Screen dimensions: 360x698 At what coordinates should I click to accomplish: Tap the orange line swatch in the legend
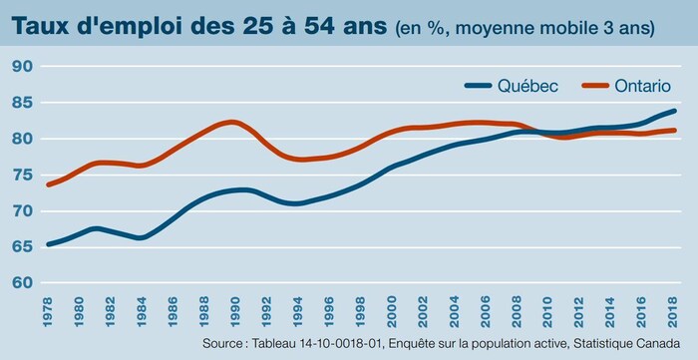click(586, 86)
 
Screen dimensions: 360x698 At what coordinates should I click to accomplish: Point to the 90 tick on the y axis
click(23, 66)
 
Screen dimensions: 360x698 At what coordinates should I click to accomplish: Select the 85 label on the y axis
click(23, 102)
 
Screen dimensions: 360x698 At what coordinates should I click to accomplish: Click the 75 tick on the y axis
click(23, 175)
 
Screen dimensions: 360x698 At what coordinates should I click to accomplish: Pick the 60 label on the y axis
click(23, 283)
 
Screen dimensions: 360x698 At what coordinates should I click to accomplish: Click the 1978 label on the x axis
click(48, 309)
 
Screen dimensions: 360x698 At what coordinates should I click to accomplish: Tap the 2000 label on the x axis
click(392, 309)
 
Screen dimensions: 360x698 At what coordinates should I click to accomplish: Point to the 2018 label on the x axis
click(674, 309)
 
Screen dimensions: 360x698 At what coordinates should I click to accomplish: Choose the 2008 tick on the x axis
click(518, 309)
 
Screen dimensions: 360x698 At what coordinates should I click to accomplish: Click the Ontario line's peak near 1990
click(231, 122)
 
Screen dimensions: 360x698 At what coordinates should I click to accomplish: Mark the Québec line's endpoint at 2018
click(675, 111)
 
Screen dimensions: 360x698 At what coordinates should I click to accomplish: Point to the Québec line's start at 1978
click(48, 243)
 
